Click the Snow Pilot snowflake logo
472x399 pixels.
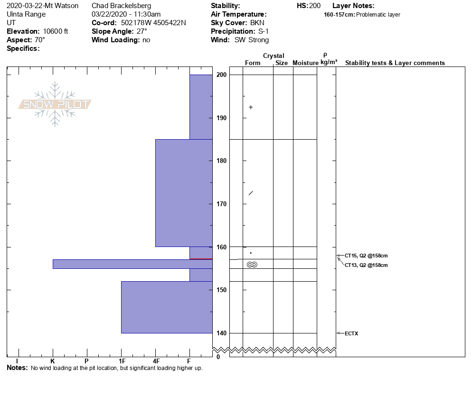[55, 104]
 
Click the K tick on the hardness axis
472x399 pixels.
[53, 361]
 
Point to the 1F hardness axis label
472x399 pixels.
[122, 361]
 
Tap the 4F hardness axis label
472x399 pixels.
[156, 361]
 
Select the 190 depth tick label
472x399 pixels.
[221, 118]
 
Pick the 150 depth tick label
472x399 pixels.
[221, 290]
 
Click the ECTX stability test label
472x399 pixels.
[351, 333]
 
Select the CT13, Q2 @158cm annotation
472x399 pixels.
[366, 265]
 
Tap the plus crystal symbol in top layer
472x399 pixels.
[251, 107]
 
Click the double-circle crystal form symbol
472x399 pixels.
[252, 265]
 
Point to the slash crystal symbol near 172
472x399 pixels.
[251, 193]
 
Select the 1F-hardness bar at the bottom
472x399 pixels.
[167, 307]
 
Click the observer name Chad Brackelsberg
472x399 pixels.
[121, 6]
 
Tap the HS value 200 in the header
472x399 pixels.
[315, 6]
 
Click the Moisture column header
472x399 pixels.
[305, 63]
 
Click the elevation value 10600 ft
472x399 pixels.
[56, 31]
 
